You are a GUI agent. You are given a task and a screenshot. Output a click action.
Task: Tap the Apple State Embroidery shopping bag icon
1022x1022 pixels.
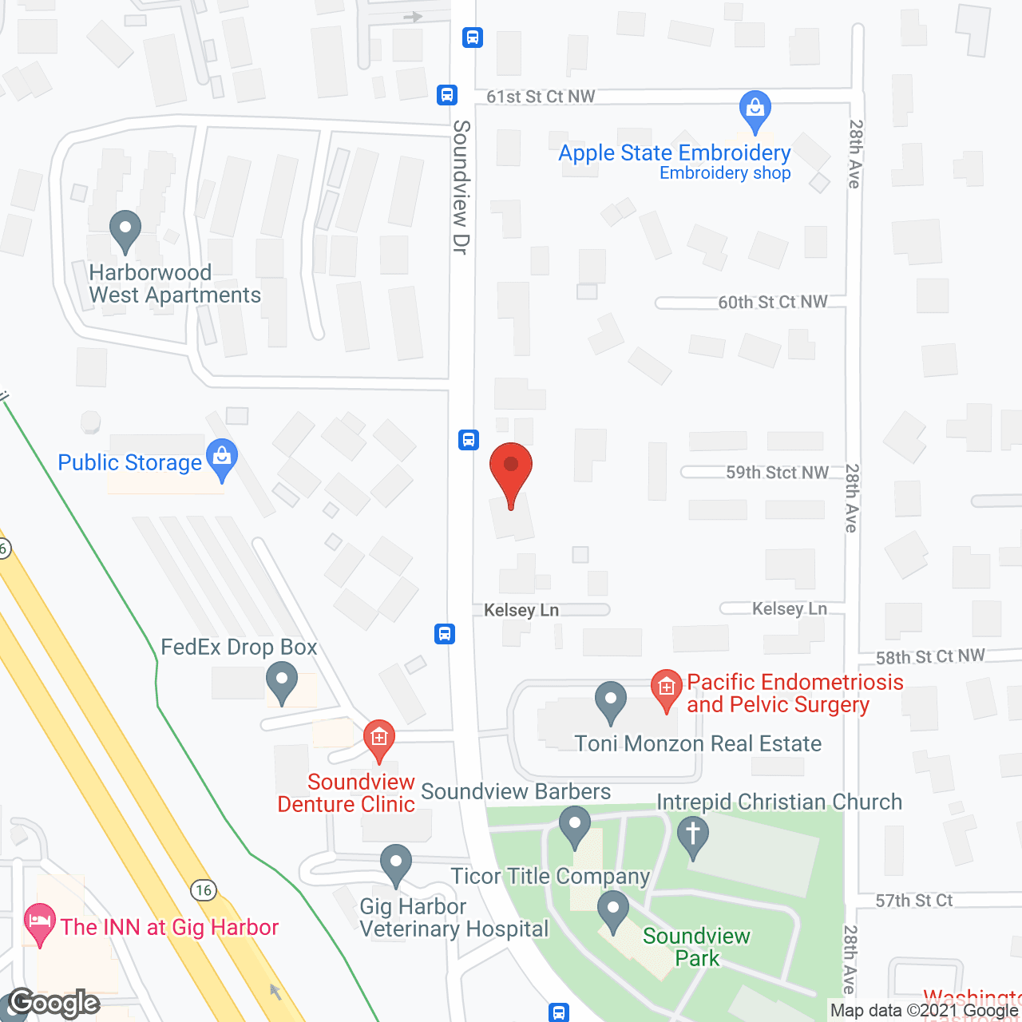click(755, 109)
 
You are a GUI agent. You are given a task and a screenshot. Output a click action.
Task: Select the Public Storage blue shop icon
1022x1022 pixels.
click(222, 458)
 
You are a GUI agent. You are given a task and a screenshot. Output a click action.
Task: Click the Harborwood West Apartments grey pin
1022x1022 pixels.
click(125, 231)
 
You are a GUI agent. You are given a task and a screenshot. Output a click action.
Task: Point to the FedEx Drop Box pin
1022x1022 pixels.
click(281, 683)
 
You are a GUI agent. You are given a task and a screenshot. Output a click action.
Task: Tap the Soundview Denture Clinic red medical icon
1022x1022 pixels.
click(378, 739)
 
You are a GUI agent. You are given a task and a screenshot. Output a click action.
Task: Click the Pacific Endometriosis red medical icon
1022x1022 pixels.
click(666, 688)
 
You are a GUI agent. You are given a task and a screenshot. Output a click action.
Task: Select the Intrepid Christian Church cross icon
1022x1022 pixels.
click(692, 836)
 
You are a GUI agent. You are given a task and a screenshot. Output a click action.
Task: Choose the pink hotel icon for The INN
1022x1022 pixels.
click(39, 924)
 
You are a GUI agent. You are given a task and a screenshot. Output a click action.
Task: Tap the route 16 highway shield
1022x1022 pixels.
click(204, 889)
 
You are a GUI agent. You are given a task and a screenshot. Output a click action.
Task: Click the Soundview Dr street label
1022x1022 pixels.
click(461, 188)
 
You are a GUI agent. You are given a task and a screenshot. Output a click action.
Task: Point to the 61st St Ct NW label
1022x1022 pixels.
click(541, 97)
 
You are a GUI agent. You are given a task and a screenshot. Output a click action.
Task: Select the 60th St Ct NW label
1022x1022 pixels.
click(772, 302)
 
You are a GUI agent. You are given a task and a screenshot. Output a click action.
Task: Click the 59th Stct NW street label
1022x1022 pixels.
click(777, 473)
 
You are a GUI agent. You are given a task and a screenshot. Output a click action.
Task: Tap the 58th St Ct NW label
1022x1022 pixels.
click(930, 656)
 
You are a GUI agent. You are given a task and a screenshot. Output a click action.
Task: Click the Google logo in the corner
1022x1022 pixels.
click(54, 1003)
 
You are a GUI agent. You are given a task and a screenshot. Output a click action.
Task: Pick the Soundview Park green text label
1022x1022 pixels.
click(696, 947)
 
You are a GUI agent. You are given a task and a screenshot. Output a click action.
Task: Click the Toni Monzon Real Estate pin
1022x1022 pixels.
click(610, 700)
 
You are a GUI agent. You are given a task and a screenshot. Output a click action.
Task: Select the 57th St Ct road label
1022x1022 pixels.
click(914, 901)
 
